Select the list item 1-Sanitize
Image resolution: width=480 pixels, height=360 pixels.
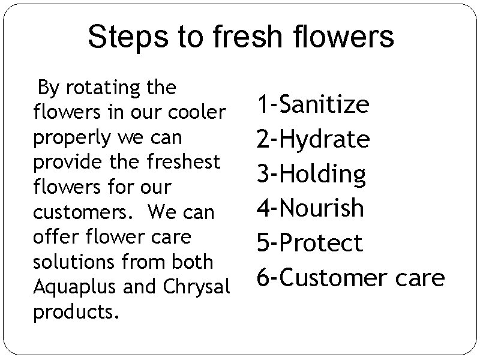click(x=313, y=104)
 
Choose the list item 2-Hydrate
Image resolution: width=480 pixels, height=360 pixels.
click(x=313, y=139)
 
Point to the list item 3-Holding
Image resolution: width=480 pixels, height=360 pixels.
click(x=311, y=174)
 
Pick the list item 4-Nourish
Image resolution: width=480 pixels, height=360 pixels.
click(x=310, y=208)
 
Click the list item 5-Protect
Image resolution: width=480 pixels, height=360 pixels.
click(x=310, y=243)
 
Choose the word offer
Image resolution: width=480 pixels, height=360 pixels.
click(x=51, y=237)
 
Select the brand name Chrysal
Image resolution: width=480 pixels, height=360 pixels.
click(x=196, y=287)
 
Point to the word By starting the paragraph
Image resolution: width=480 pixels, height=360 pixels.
click(x=48, y=88)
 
